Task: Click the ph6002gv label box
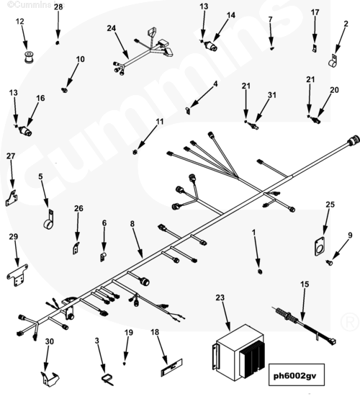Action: [297, 375]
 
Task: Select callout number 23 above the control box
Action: [220, 297]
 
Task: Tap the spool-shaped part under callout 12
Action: [28, 57]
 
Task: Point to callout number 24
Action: [111, 28]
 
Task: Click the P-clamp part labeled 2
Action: [333, 61]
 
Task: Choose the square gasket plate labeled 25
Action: [320, 246]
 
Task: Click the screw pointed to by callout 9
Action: [330, 262]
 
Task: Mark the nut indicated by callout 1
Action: [260, 272]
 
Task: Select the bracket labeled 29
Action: [17, 275]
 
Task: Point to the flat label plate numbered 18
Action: [172, 367]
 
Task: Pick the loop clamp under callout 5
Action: [49, 221]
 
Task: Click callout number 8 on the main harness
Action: [132, 224]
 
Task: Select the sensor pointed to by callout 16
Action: [25, 131]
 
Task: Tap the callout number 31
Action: [272, 95]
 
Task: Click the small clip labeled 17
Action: [315, 48]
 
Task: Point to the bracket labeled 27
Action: [12, 199]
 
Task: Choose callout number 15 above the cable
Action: [305, 284]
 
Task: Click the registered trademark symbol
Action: [349, 322]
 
